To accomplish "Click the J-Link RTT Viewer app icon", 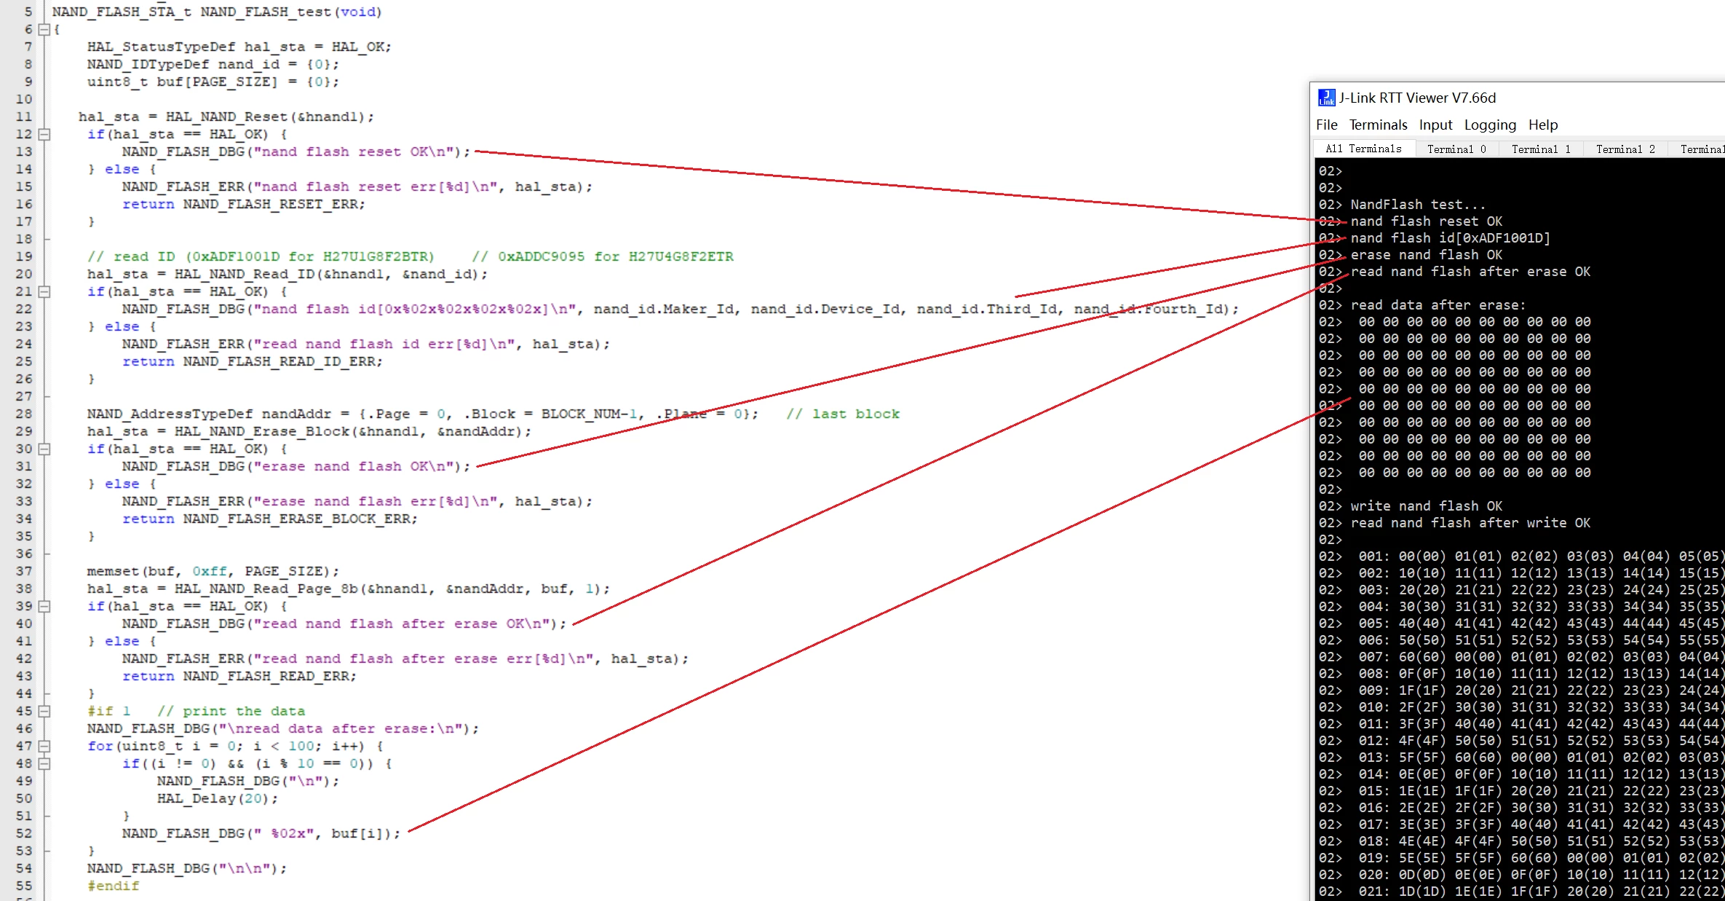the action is click(x=1326, y=98).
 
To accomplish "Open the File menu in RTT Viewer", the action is click(x=1326, y=125).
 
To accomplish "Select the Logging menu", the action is click(x=1490, y=125).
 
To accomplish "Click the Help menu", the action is click(x=1543, y=125).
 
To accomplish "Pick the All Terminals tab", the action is click(x=1363, y=149).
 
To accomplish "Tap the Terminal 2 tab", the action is click(x=1625, y=149).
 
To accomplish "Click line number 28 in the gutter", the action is click(x=24, y=414).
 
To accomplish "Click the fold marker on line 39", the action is click(x=44, y=606).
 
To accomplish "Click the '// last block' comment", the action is click(x=843, y=414).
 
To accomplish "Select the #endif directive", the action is click(x=113, y=886).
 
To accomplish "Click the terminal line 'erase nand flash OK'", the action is click(x=1426, y=255).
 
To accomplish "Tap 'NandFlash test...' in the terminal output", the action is click(x=1417, y=205).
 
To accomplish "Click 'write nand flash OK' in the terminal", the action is click(x=1426, y=506).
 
